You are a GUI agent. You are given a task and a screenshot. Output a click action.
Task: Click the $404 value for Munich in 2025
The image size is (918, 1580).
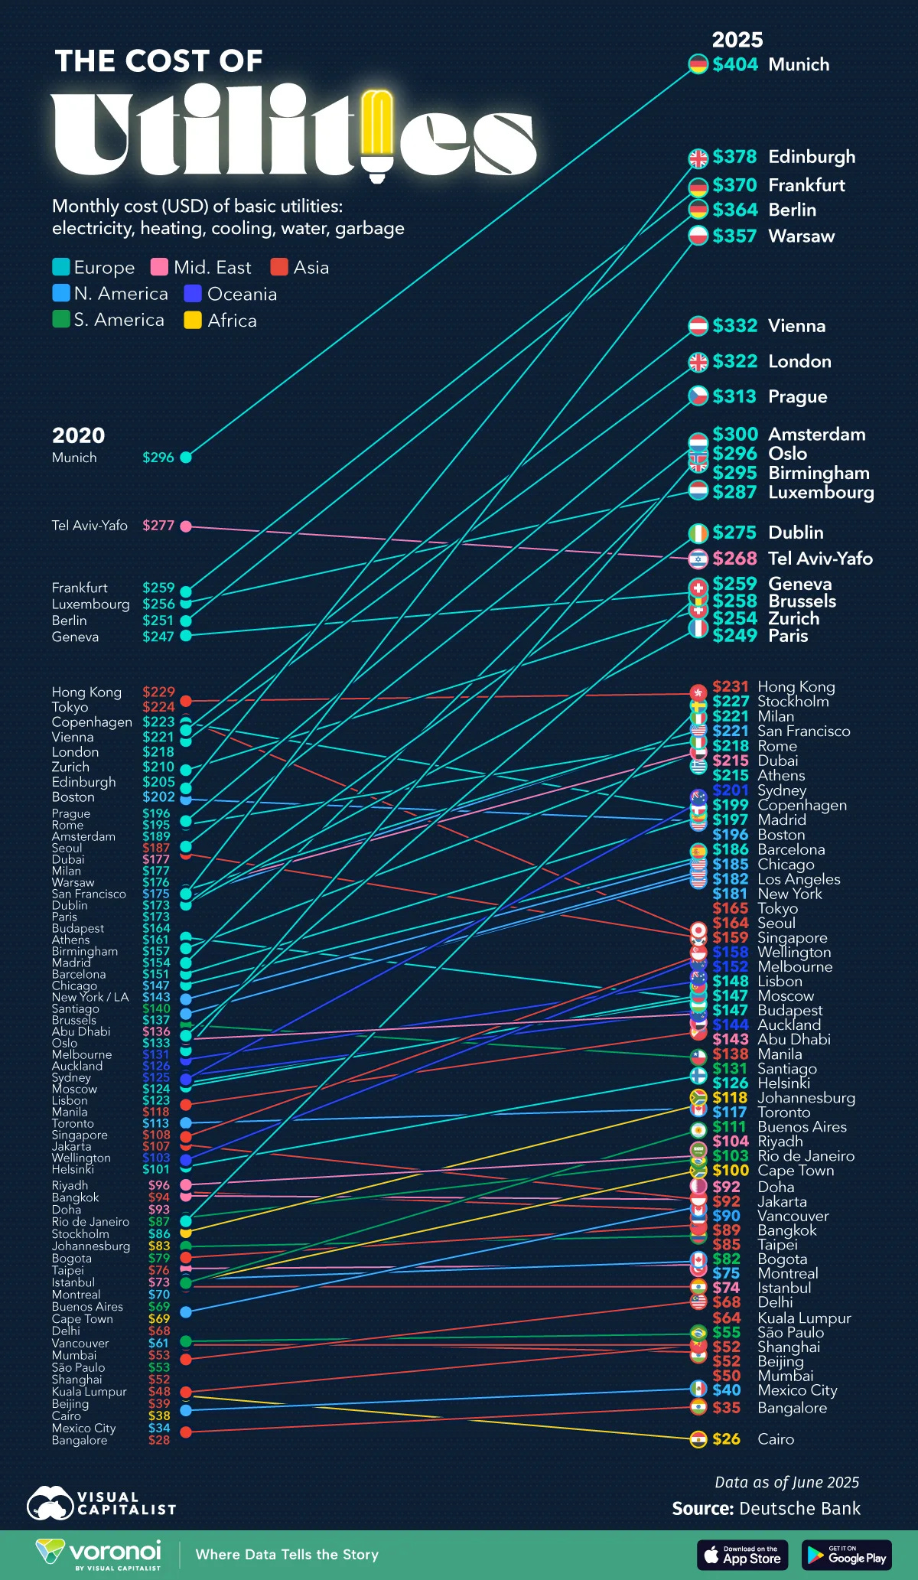click(734, 64)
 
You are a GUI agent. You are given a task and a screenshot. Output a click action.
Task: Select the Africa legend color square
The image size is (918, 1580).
click(193, 321)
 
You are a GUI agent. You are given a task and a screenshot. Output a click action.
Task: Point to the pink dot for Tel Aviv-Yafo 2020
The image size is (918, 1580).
click(186, 526)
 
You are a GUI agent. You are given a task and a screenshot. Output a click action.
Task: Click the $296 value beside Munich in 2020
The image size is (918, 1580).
click(158, 458)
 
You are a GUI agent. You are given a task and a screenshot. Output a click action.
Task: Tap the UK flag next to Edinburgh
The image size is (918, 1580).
click(698, 158)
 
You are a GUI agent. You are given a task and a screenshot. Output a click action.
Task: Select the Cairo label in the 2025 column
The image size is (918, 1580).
click(776, 1439)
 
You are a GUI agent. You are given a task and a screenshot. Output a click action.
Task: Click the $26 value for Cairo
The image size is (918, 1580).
click(726, 1439)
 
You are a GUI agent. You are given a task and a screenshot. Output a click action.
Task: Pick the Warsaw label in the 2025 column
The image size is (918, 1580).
click(801, 236)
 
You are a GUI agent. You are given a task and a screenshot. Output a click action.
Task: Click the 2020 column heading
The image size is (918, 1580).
click(78, 435)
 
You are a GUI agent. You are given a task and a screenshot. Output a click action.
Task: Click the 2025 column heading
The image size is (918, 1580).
click(737, 40)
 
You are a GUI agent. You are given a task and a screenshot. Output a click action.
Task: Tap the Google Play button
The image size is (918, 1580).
click(846, 1555)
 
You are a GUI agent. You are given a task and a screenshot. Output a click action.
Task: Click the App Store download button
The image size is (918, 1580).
click(742, 1555)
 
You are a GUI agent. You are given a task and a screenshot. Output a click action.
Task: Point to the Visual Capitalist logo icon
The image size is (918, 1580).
click(50, 1503)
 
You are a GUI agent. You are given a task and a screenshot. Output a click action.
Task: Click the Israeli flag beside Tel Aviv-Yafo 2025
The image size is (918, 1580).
click(698, 559)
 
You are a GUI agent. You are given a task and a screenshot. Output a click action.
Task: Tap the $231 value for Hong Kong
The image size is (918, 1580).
click(730, 686)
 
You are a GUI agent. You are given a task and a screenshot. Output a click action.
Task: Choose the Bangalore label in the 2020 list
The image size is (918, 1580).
click(80, 1440)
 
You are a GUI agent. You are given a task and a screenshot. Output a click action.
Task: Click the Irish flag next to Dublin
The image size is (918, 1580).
click(698, 533)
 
